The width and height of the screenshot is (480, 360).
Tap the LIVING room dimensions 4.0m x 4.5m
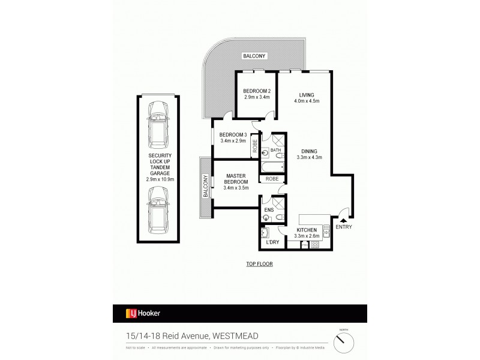tap(307, 101)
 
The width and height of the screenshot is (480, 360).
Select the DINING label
tap(310, 151)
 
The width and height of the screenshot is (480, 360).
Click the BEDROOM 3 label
tap(232, 134)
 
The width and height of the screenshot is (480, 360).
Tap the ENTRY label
tap(344, 226)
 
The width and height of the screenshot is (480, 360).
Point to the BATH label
tap(276, 150)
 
